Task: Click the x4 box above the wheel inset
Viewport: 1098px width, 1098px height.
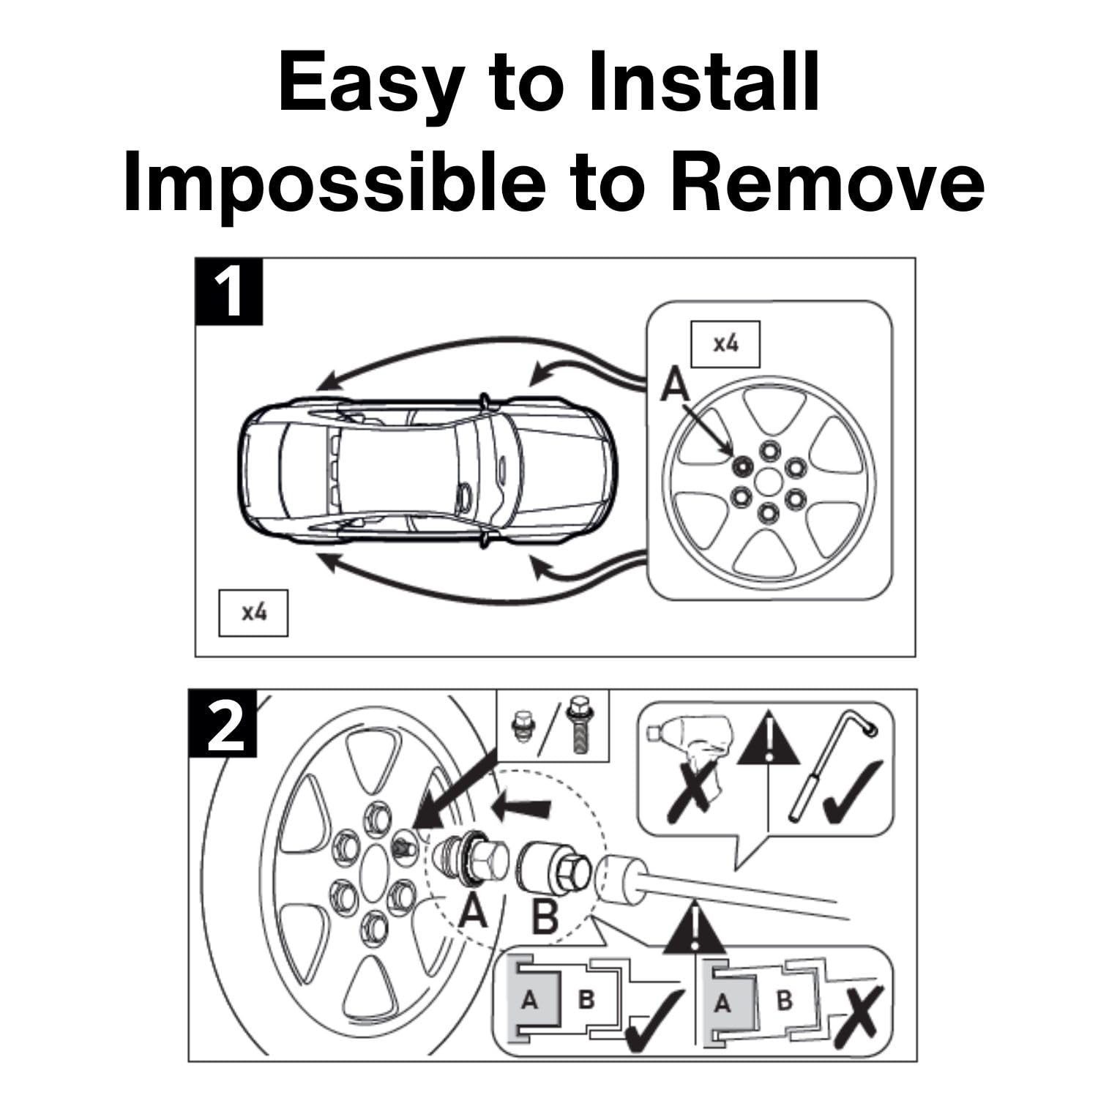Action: point(725,343)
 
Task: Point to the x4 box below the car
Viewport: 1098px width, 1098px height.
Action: point(253,612)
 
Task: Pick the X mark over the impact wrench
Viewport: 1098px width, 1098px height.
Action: point(689,791)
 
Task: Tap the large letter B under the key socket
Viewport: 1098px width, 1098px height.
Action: point(544,916)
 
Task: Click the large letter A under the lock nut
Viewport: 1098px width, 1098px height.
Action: point(474,912)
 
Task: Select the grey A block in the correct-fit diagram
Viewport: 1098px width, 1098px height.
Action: point(529,999)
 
